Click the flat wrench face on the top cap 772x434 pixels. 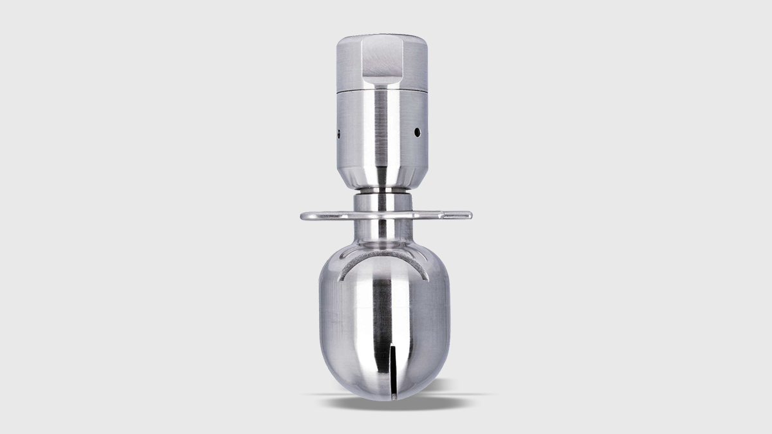[x=383, y=61]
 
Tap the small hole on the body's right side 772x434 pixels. [x=417, y=132]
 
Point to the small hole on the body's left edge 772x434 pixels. [x=338, y=134]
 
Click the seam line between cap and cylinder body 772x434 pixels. [x=383, y=91]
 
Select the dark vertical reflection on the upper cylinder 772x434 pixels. [x=385, y=135]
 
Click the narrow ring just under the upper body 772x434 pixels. [x=383, y=191]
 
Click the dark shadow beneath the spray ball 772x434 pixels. [x=386, y=403]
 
